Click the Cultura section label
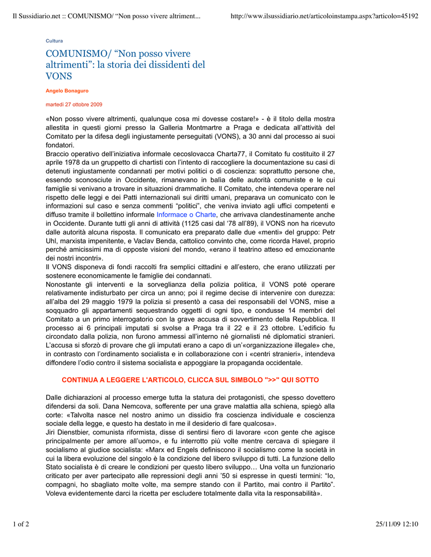tap(54, 41)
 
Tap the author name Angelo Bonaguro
tap(67, 91)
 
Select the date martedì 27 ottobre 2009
tap(73, 104)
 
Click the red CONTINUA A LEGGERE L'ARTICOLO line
tap(190, 380)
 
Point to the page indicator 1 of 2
tap(21, 524)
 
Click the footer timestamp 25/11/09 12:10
tap(397, 524)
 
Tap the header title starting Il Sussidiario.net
tap(107, 16)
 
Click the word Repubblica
tap(311, 319)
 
